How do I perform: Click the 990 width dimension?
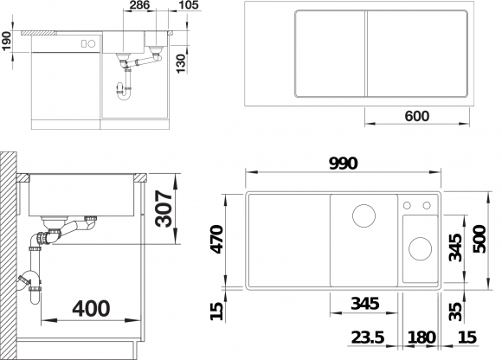[x=344, y=164]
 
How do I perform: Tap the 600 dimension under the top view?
[x=417, y=116]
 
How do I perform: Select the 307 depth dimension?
[x=164, y=209]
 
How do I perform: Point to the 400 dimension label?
[x=91, y=308]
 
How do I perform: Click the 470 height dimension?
[x=217, y=239]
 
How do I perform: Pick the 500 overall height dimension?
[x=479, y=239]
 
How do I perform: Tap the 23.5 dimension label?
[x=368, y=337]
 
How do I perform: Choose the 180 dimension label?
[x=422, y=337]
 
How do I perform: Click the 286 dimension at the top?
[x=139, y=5]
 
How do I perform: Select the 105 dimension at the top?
[x=189, y=5]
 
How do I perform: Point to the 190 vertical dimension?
[x=6, y=41]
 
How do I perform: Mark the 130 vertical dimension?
[x=181, y=64]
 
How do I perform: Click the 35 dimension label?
[x=455, y=312]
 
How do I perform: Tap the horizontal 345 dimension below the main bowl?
[x=365, y=303]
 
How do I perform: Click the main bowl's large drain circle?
[x=364, y=215]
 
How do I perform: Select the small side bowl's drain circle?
[x=420, y=248]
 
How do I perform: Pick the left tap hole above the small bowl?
[x=407, y=205]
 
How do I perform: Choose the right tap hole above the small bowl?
[x=427, y=205]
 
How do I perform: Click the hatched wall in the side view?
[x=8, y=255]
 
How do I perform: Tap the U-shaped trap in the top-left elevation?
[x=124, y=92]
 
